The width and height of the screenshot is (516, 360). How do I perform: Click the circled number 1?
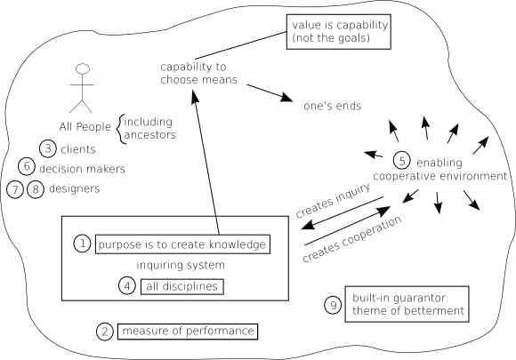pos(82,244)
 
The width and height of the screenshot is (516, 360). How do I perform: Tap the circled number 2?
pos(105,332)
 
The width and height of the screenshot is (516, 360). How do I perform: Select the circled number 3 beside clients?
pos(48,148)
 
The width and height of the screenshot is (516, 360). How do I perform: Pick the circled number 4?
pos(127,285)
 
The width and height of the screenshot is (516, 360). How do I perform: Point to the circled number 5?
pos(402,161)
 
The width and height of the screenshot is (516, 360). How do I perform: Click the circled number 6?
pos(27,166)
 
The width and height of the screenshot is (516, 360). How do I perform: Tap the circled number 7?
pos(15,189)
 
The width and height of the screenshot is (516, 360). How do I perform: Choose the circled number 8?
pos(36,189)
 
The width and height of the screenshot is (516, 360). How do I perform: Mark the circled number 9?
pos(333,306)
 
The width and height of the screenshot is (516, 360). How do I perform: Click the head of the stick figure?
pos(82,68)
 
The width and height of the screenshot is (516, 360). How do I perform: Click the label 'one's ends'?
pos(332,106)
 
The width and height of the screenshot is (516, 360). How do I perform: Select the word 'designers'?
pos(75,188)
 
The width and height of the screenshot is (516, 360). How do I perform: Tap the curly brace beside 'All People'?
pos(119,129)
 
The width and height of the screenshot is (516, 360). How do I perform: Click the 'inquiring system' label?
pos(181,265)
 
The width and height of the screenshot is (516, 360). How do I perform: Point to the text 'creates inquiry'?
pos(333,200)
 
